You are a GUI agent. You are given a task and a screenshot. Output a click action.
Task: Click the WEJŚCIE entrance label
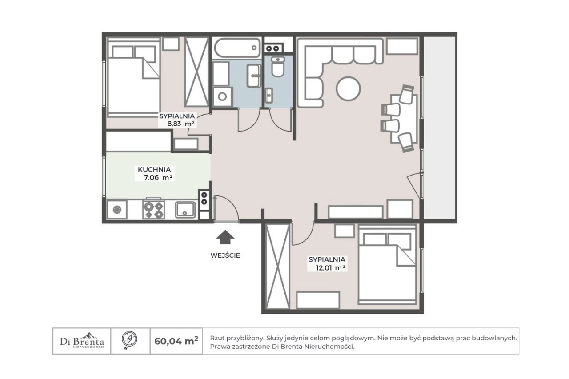(x=225, y=255)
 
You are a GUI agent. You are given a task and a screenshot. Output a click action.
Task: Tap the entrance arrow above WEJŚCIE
(x=225, y=237)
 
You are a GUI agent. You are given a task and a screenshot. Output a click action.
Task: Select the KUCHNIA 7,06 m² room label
(x=154, y=173)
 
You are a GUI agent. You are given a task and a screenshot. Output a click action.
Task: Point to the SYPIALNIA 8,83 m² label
(x=177, y=120)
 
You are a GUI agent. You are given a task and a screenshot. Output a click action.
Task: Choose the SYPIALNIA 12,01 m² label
(x=327, y=263)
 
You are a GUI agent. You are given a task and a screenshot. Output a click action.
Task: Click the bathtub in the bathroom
(x=237, y=48)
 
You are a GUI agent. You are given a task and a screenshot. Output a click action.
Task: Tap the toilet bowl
(x=278, y=67)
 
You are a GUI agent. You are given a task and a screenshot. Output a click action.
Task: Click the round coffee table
(x=348, y=88)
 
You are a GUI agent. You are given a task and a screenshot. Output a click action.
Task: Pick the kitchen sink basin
(x=186, y=210)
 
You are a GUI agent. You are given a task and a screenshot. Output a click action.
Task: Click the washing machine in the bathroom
(x=223, y=97)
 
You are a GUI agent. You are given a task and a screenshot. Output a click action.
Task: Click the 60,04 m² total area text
(x=176, y=341)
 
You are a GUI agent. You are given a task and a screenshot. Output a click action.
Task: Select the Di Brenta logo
(x=82, y=340)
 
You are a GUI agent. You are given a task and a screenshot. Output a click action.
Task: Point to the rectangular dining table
(x=404, y=119)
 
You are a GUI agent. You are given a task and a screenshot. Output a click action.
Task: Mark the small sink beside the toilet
(x=269, y=95)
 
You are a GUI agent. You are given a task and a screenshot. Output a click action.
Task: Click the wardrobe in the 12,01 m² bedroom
(x=277, y=266)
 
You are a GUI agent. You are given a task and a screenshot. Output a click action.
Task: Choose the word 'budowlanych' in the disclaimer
(x=497, y=338)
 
